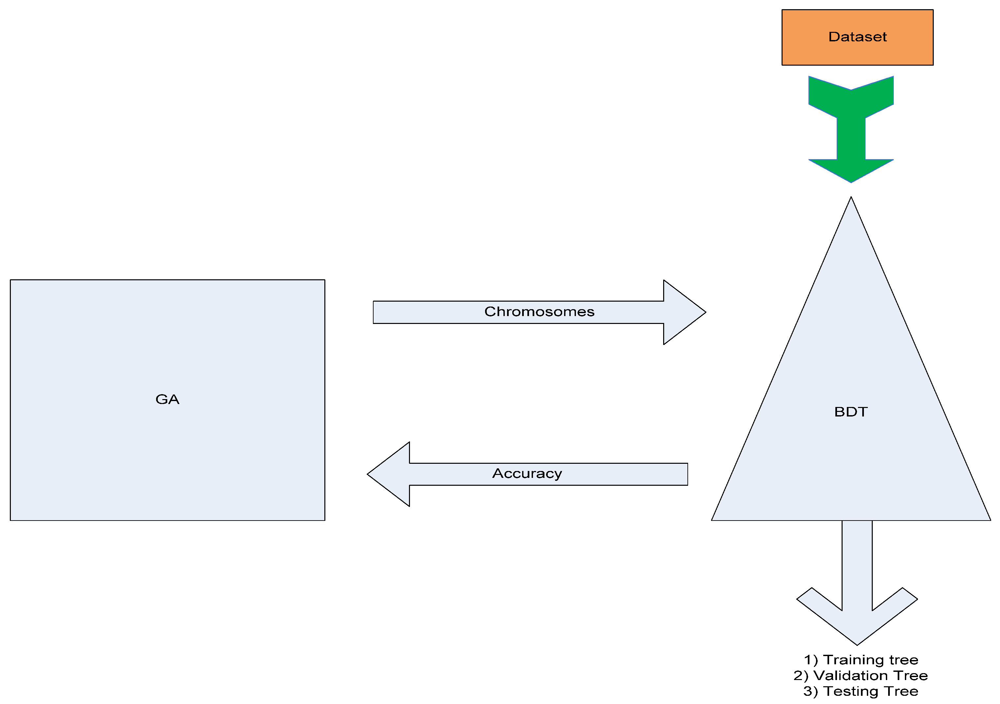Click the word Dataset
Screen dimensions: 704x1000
coord(857,37)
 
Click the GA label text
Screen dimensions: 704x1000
coord(167,399)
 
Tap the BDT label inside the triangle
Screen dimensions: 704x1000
coord(851,412)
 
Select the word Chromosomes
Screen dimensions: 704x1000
coord(539,312)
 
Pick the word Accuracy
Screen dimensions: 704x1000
coord(527,473)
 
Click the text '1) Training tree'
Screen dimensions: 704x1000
coord(861,660)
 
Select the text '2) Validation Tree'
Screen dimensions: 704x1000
coord(860,675)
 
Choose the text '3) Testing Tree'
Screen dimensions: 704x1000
coord(861,691)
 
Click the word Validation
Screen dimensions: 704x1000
coord(851,675)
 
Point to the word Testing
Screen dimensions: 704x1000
coord(850,691)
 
